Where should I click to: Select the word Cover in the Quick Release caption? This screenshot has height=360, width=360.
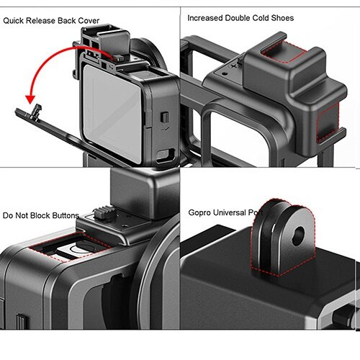click(86, 21)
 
